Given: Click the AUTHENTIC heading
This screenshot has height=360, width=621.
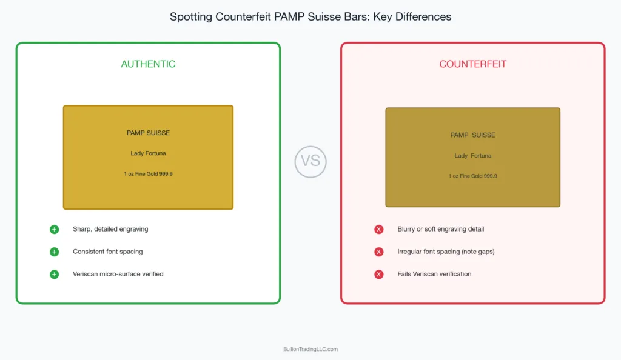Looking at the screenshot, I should pyautogui.click(x=148, y=64).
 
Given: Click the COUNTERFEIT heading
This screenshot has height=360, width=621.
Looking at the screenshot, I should pyautogui.click(x=472, y=64).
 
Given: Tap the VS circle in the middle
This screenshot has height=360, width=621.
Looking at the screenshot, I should pyautogui.click(x=310, y=162).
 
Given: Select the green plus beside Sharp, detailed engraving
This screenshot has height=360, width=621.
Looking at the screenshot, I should pyautogui.click(x=54, y=229).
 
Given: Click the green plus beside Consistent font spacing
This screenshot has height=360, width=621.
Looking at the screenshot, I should pyautogui.click(x=54, y=252).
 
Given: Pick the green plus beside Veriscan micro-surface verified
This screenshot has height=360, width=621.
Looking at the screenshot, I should pyautogui.click(x=54, y=274).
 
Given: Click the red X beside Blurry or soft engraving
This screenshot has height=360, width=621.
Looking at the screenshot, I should pyautogui.click(x=379, y=229).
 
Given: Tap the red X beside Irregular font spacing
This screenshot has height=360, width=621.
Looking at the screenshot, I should pyautogui.click(x=379, y=252).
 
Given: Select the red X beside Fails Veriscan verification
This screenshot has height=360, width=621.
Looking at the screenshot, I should pyautogui.click(x=379, y=274).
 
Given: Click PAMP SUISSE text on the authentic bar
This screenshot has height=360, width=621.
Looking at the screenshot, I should pyautogui.click(x=148, y=133).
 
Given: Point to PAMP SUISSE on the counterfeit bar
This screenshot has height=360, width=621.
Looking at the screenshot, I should pyautogui.click(x=472, y=135).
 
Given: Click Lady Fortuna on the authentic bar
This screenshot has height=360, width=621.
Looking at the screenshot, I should pyautogui.click(x=148, y=153).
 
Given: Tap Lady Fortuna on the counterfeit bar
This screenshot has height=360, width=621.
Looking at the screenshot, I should pyautogui.click(x=472, y=156).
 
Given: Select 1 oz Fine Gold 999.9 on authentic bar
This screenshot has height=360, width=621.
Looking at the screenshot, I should pyautogui.click(x=148, y=174).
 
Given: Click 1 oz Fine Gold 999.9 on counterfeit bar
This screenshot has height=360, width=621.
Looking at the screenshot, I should pyautogui.click(x=472, y=176).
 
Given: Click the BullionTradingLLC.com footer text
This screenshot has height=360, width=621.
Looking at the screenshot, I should pyautogui.click(x=310, y=349).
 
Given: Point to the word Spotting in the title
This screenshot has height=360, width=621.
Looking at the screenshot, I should pyautogui.click(x=190, y=17).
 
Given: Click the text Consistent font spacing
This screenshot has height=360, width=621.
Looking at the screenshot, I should pyautogui.click(x=108, y=252).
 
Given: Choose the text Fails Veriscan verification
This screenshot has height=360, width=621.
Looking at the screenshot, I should pyautogui.click(x=434, y=274).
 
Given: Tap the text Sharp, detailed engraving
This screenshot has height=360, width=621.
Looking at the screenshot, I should pyautogui.click(x=110, y=229).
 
